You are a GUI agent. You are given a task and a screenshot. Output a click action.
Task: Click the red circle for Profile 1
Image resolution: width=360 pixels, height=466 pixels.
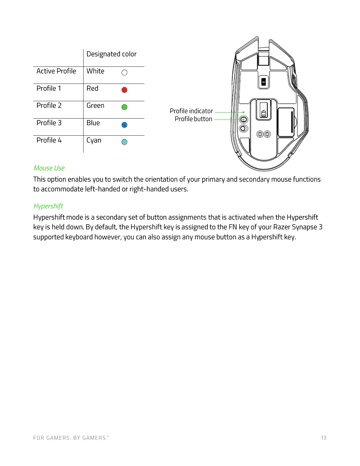(124, 90)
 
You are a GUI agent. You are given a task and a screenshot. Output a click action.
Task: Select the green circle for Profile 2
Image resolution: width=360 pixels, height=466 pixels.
(124, 107)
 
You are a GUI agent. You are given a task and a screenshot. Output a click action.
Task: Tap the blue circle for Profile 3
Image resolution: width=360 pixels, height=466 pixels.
(124, 125)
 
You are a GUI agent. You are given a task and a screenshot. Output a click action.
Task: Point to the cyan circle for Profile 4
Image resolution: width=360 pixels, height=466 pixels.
(124, 142)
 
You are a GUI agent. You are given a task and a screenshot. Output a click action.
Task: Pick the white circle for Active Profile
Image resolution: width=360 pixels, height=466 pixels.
(124, 72)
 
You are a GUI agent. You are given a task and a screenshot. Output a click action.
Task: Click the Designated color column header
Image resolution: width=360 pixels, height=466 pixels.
(111, 54)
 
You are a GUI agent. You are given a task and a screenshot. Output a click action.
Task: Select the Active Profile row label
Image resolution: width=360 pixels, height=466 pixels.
(56, 71)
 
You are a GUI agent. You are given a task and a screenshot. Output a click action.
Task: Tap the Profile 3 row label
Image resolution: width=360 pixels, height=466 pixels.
(49, 123)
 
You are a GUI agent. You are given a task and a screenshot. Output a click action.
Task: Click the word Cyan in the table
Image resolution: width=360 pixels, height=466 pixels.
(94, 140)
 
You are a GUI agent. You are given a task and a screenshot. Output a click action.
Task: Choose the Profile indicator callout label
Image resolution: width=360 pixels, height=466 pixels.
(191, 111)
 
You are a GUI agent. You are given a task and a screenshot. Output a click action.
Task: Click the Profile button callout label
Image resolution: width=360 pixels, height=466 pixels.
(193, 119)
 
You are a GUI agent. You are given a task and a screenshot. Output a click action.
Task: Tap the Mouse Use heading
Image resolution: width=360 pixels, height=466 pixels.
(49, 168)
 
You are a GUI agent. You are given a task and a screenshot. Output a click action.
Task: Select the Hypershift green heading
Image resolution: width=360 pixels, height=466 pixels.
(48, 206)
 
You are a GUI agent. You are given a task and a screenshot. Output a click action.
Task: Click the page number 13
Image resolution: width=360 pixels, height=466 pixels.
(324, 438)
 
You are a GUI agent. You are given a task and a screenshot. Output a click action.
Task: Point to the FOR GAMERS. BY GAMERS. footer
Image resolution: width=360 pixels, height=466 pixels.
(71, 438)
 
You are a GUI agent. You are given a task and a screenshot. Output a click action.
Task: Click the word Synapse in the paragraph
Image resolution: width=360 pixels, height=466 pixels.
(304, 227)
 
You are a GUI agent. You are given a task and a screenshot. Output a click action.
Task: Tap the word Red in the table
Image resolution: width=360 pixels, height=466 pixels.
(92, 89)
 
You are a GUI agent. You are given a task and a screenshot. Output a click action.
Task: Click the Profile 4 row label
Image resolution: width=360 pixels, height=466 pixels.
(49, 140)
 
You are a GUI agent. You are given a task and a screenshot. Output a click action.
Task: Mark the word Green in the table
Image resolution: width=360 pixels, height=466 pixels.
(95, 106)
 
